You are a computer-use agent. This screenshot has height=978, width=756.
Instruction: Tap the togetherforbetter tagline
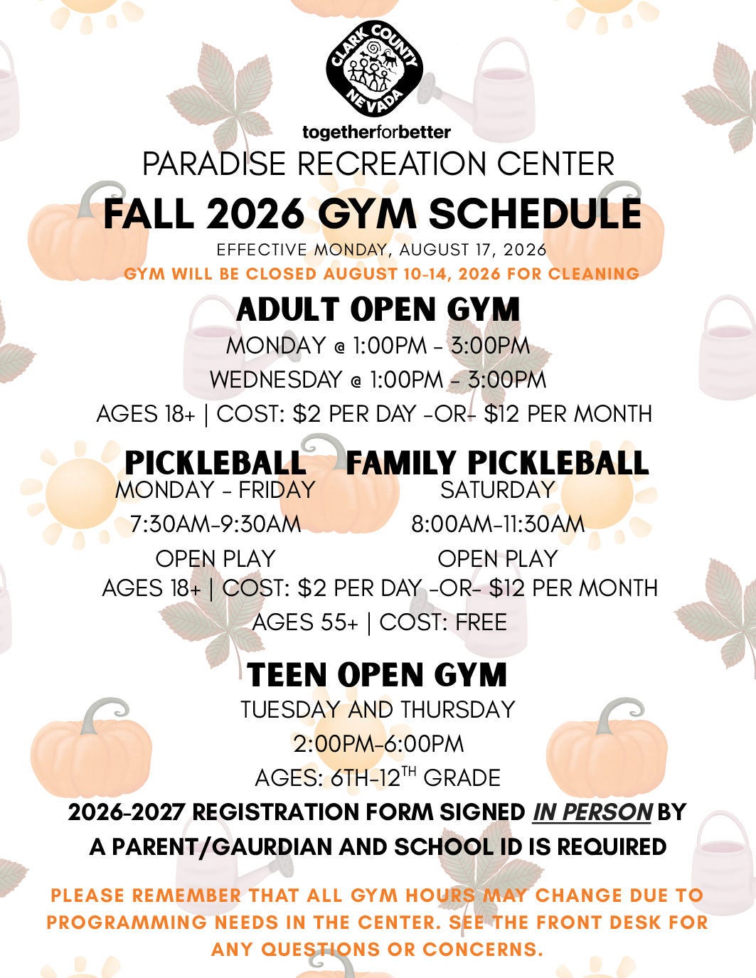point(377,132)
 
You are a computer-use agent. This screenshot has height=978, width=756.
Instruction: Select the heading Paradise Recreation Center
point(378,164)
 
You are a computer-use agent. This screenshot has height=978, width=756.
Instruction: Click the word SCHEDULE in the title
point(536,214)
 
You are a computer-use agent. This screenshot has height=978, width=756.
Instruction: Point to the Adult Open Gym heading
point(378,309)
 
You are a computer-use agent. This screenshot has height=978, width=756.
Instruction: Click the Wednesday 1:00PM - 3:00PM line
point(378,379)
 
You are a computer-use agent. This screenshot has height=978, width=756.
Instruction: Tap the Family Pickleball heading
point(497,462)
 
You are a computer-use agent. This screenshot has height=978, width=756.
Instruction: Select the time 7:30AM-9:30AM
point(215,524)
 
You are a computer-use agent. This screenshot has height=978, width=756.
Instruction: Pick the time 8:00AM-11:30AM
point(498,524)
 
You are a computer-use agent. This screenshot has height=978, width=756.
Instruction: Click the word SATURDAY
point(497,489)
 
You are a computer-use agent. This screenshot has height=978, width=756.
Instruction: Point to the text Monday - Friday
point(215,489)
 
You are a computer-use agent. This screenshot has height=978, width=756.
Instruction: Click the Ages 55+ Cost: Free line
point(379,622)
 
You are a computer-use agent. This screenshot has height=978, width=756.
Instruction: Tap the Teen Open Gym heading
point(377,675)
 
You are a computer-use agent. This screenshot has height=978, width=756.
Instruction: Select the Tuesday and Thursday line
point(378,710)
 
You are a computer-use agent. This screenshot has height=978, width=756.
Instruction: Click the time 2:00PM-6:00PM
point(378,744)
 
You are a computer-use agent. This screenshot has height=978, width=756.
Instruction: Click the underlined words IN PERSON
point(592,812)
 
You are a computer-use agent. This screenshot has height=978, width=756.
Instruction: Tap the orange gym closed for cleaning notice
point(382,274)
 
